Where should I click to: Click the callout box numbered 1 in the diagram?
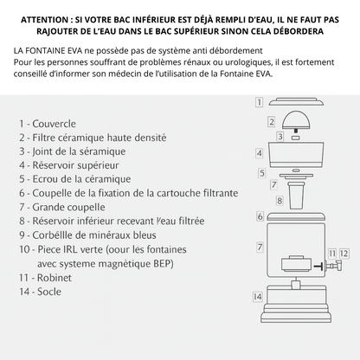click(259, 102)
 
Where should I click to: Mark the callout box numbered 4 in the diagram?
click(259, 152)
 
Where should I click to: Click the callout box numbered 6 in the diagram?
click(259, 215)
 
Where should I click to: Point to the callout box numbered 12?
click(344, 253)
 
